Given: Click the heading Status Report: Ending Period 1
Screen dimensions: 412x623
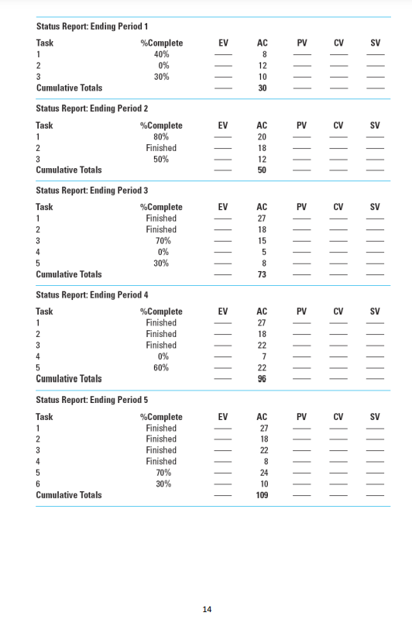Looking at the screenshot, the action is pos(92,26).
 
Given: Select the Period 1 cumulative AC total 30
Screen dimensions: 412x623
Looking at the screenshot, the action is pos(263,88).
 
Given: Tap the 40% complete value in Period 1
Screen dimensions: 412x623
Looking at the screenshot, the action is pos(161,54).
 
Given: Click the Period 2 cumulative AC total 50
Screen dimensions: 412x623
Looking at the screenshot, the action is pos(263,170).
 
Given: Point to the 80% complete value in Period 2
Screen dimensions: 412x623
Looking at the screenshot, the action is pos(161,136).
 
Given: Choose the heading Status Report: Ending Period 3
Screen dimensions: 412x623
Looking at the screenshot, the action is pos(92,191).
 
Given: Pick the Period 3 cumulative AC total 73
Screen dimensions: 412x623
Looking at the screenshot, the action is pos(263,274).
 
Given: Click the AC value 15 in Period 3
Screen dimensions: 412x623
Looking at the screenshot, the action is pos(263,241).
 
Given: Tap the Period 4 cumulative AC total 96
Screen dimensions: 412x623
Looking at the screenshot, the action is pos(263,379).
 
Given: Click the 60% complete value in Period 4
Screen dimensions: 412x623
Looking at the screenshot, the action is pos(161,367).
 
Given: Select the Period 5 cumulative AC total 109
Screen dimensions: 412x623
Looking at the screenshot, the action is pos(263,495).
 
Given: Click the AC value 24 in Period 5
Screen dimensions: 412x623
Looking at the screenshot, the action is pos(263,473).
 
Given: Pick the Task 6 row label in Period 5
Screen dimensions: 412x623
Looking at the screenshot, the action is pos(38,484).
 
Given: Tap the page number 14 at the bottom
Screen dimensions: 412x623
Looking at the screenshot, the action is pos(207,609).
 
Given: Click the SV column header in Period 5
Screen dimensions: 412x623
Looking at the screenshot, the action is pos(375,417).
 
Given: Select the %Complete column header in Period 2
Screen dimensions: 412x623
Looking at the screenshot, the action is pos(161,126).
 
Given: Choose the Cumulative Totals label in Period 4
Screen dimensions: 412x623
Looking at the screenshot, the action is pos(69,379).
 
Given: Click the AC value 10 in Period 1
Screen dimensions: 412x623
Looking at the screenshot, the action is pos(263,77).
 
